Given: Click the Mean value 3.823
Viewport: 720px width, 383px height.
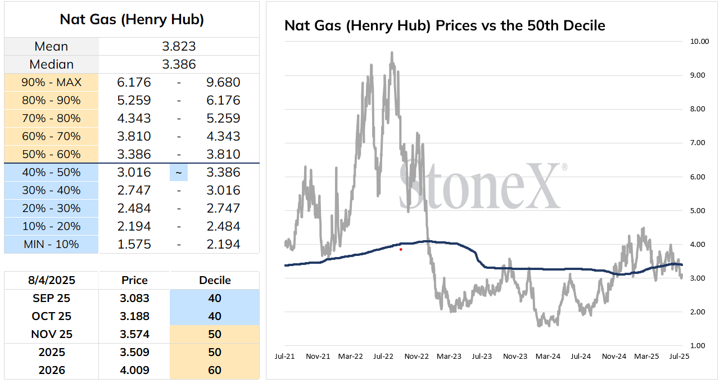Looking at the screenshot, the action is coord(179,46).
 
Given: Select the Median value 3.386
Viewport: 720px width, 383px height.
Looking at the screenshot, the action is coord(179,64).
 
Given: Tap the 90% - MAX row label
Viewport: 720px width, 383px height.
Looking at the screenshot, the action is coord(52,82).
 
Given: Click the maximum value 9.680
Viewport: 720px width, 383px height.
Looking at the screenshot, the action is coord(223,82).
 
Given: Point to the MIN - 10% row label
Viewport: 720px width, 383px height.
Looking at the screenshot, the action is coord(52,245).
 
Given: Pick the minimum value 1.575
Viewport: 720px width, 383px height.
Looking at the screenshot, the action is coord(134,245).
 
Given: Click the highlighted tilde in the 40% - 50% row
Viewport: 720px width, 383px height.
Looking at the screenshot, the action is coord(179,173).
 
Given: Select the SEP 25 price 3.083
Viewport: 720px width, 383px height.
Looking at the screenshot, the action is coord(134,298).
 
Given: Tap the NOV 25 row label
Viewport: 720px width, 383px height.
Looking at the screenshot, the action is coord(52,334).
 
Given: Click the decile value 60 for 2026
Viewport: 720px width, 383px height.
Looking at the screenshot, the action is coord(214,370).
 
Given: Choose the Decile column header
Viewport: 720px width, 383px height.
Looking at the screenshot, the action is coord(215,280).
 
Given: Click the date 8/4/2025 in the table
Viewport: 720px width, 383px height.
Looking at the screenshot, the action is coord(52,280).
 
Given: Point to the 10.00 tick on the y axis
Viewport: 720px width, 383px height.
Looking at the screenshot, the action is coord(699,41).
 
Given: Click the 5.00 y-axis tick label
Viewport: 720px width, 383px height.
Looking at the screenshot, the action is coord(698,211).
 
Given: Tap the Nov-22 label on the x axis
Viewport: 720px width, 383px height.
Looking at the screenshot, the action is coord(416,357).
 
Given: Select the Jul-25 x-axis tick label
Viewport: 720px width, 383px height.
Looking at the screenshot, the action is coord(679,357).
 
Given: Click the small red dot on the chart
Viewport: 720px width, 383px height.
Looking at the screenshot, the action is coord(401,250).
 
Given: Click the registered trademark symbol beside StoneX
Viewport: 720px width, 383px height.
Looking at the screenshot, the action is coord(564,167).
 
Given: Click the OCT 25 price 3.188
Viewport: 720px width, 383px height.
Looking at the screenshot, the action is coord(134,316).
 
